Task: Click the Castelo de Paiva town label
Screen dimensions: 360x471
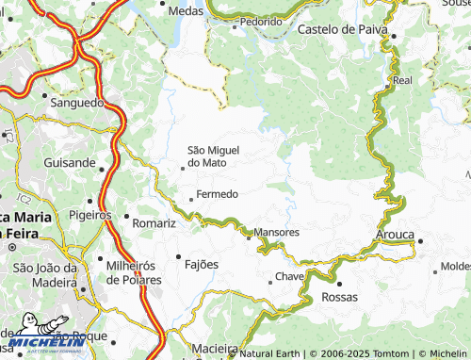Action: [x=343, y=29]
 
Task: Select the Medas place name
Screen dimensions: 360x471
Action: [x=186, y=10]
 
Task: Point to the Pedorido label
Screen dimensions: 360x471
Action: [x=261, y=20]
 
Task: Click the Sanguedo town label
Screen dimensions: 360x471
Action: [x=80, y=102]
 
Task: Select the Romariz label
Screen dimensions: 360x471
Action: [x=154, y=223]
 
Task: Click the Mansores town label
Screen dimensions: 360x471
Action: [x=277, y=232]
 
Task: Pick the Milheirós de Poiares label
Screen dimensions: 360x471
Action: [x=134, y=272]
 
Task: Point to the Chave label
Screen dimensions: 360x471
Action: [x=289, y=277]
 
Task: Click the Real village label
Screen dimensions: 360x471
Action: [x=402, y=81]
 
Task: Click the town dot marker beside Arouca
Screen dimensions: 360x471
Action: [x=420, y=241]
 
